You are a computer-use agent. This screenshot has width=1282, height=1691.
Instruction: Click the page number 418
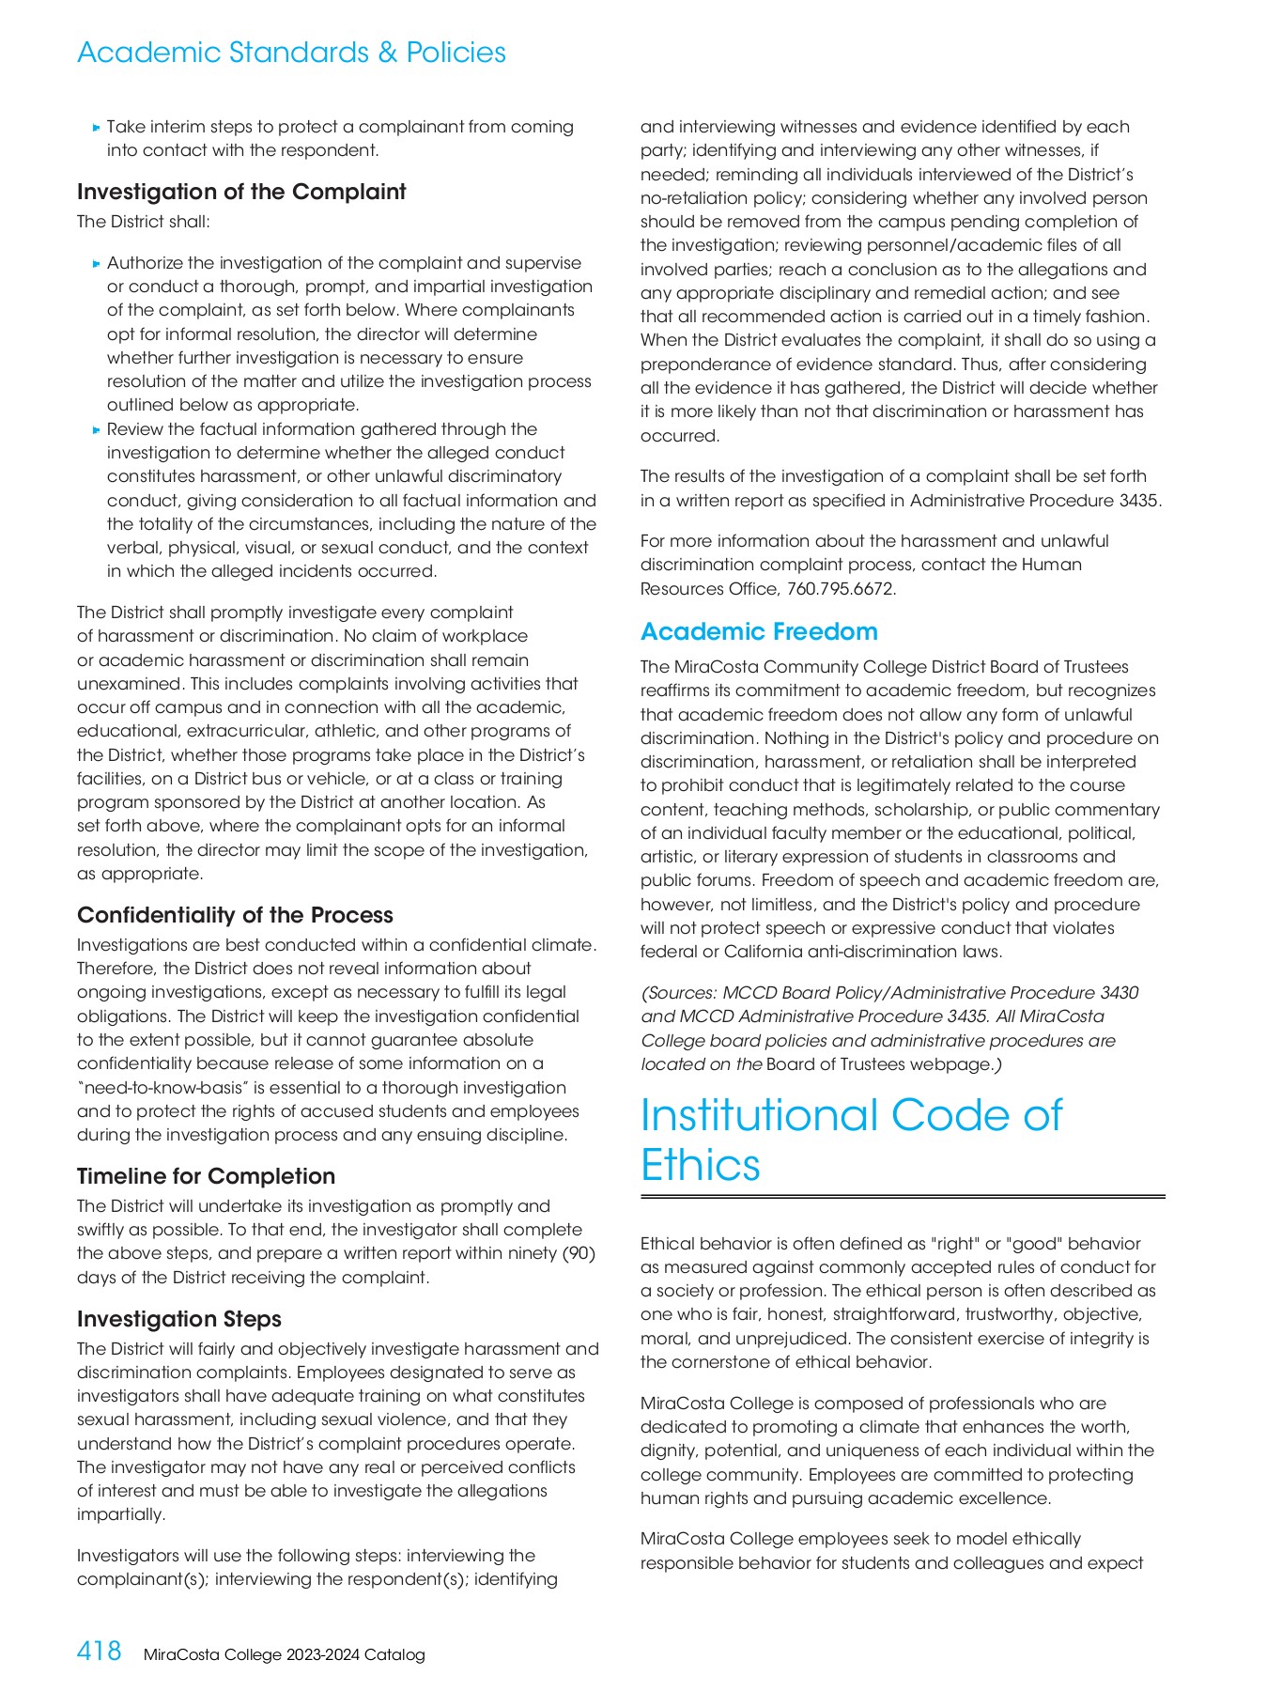click(99, 1651)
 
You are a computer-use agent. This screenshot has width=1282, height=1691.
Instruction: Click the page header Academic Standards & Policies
click(291, 53)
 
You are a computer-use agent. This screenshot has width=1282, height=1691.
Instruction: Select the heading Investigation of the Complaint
click(241, 192)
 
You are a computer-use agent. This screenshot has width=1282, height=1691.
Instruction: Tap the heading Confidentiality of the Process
click(235, 915)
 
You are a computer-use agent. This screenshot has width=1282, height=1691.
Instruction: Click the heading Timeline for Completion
click(206, 1176)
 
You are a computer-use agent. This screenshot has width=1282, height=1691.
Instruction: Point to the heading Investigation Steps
click(178, 1319)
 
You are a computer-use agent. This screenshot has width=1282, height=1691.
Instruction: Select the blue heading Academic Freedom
click(759, 631)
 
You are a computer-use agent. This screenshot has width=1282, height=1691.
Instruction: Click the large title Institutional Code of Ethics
click(850, 1140)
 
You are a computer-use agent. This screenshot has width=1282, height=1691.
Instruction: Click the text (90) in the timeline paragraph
click(579, 1253)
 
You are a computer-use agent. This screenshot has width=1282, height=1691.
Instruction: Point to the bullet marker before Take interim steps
click(96, 128)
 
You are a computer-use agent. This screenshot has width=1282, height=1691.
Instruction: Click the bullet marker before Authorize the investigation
click(96, 264)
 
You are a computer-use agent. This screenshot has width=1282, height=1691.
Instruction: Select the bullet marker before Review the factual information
click(96, 430)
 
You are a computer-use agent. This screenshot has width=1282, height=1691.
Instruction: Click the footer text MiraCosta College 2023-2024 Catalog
click(284, 1654)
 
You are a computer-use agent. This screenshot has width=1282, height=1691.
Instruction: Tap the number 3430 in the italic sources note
click(1119, 993)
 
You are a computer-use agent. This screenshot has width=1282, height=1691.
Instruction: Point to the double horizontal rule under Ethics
click(902, 1197)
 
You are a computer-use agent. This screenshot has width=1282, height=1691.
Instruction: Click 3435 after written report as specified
click(1138, 501)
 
